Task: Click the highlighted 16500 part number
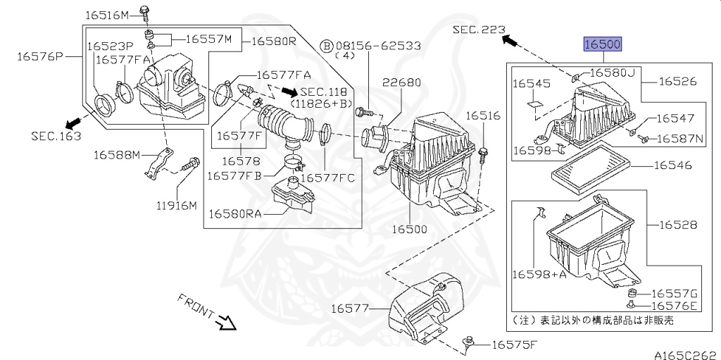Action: pyautogui.click(x=603, y=44)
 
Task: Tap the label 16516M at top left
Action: pyautogui.click(x=107, y=15)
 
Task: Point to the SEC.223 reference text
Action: pyautogui.click(x=479, y=30)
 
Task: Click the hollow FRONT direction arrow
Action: pyautogui.click(x=227, y=322)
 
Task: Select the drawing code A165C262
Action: pyautogui.click(x=687, y=355)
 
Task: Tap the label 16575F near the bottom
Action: pyautogui.click(x=515, y=345)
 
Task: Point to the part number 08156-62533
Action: pyautogui.click(x=378, y=46)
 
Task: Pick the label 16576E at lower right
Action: pyautogui.click(x=675, y=306)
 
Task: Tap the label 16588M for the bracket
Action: pyautogui.click(x=117, y=155)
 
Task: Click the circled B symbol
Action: pyautogui.click(x=326, y=46)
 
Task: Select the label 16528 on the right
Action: pyautogui.click(x=678, y=225)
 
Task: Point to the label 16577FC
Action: pyautogui.click(x=327, y=178)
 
